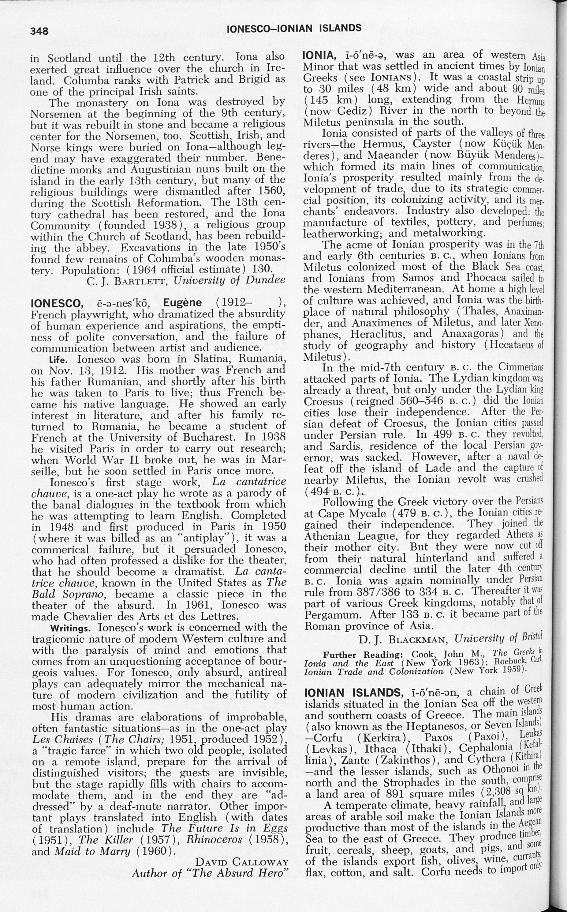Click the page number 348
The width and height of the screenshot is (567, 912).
pos(39,30)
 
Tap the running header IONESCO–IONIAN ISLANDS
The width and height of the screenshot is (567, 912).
pos(294,28)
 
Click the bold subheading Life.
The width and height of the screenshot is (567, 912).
pos(58,360)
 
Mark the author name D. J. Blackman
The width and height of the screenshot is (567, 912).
pos(404,640)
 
